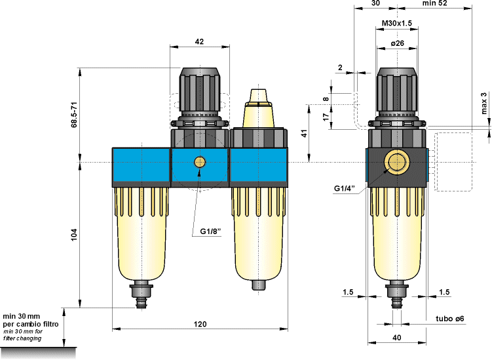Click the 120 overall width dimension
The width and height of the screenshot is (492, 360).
point(200,324)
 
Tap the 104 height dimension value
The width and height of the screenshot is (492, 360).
point(74,233)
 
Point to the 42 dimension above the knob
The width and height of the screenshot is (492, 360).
point(200,41)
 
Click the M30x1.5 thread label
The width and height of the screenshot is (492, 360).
point(397,24)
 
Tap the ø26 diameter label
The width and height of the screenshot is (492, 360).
point(397,43)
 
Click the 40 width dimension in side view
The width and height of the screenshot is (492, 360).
point(396,338)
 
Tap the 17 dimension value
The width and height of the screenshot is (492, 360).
point(326,117)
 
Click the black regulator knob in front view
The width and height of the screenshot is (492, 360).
point(200,92)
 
